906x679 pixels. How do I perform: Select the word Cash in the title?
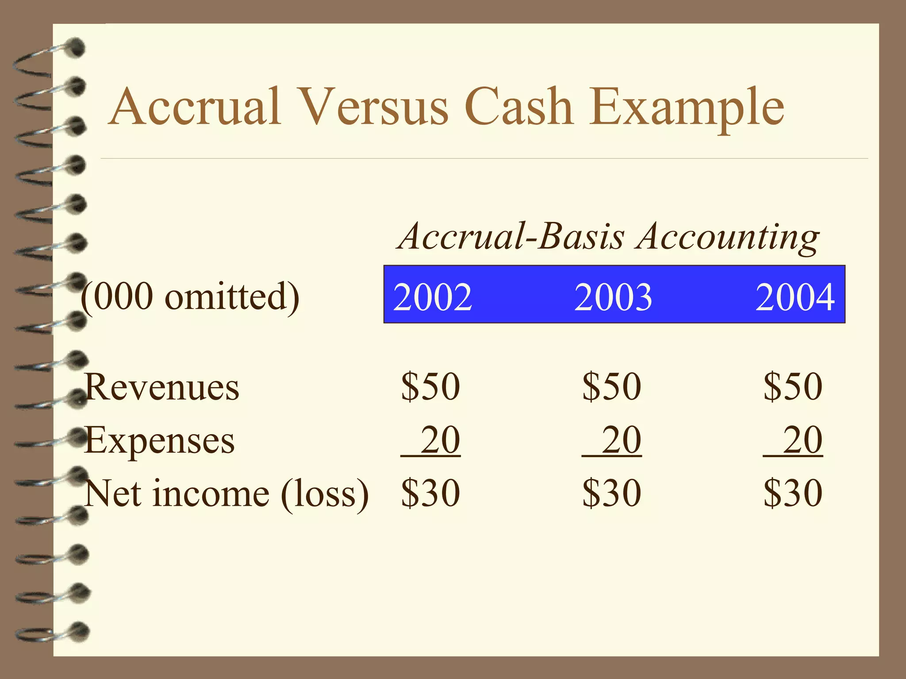tap(519, 107)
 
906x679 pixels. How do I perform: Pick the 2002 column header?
tap(432, 297)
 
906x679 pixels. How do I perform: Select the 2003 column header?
tap(613, 297)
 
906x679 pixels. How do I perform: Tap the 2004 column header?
tap(795, 297)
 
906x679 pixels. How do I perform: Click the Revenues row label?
tap(162, 387)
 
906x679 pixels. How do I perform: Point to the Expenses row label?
tap(159, 441)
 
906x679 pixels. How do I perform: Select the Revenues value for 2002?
tap(430, 386)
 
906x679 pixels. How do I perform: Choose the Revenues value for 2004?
tap(793, 386)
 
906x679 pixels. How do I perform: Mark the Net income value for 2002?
tap(430, 493)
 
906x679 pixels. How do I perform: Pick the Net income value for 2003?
tap(611, 493)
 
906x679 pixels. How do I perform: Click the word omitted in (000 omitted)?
tap(232, 297)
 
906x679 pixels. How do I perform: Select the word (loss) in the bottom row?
tap(325, 493)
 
